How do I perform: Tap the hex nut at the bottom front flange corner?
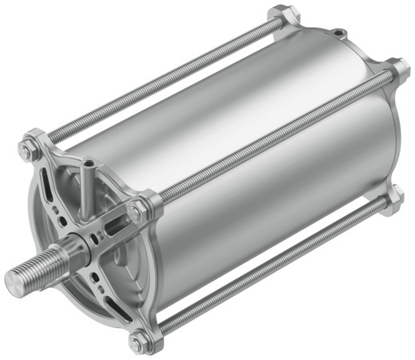(138, 341)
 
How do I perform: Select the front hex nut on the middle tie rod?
(138, 210)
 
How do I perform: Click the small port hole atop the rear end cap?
(341, 33)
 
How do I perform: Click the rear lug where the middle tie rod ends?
(396, 69)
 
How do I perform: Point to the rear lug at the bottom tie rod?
(393, 200)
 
